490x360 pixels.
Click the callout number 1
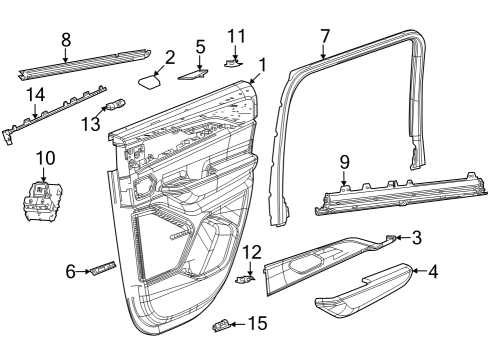point(261,66)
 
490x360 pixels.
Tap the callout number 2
point(170,57)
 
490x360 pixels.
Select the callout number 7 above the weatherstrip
point(323,38)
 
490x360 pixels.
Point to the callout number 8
point(66,41)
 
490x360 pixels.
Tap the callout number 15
point(257,323)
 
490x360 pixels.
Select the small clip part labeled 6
point(102,269)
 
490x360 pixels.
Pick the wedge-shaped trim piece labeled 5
point(193,72)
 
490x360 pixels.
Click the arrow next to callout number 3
point(400,238)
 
